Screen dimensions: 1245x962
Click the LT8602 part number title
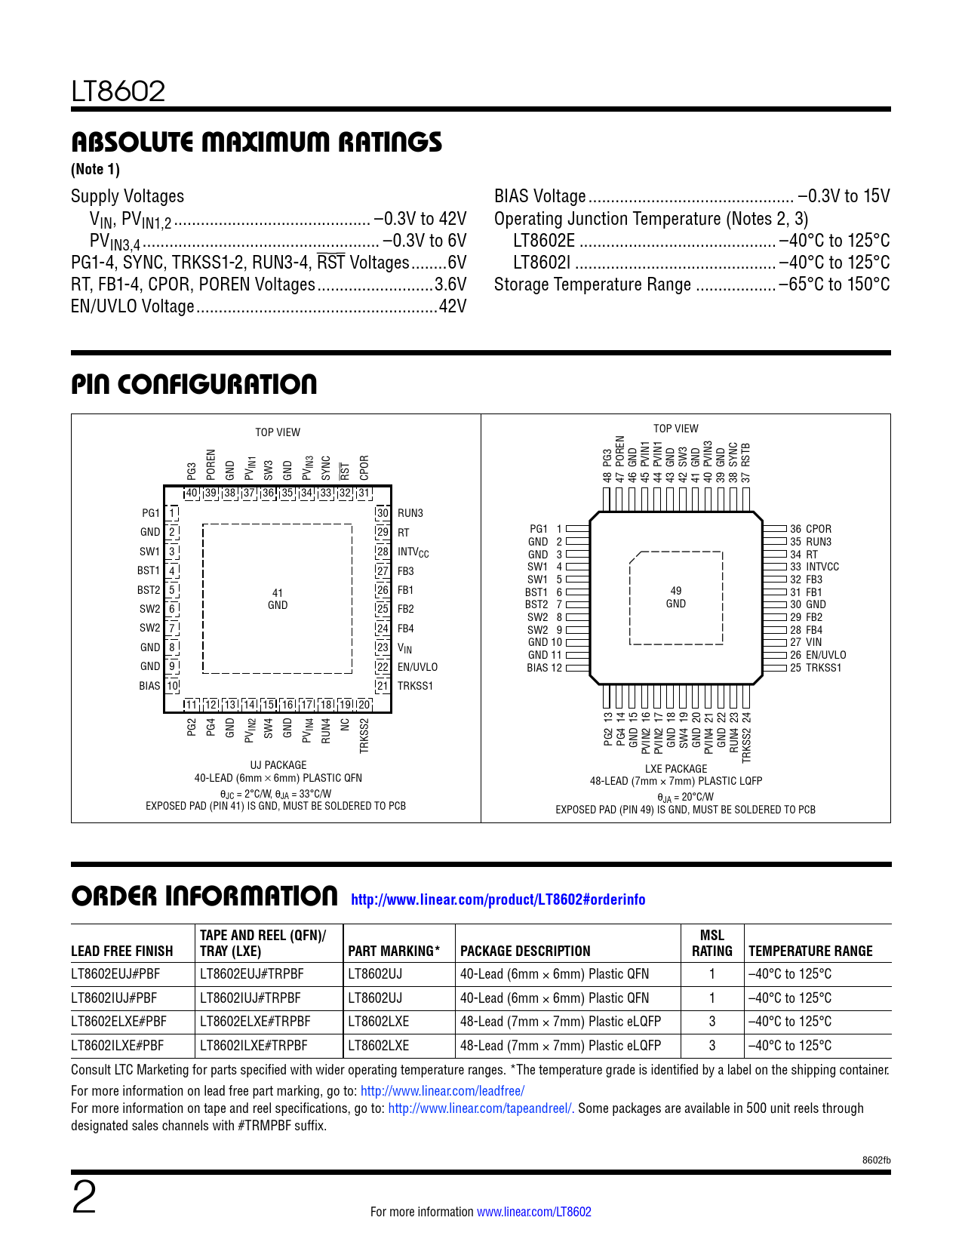pos(118,92)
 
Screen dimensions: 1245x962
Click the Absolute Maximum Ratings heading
pos(257,142)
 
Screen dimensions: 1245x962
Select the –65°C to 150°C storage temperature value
pos(834,284)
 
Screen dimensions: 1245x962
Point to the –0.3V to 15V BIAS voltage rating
pos(844,196)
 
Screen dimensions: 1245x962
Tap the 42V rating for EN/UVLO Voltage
pos(453,306)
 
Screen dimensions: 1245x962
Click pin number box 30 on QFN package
pos(383,513)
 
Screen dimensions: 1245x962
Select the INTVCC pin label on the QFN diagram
pos(413,552)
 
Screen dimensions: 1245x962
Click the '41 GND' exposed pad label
pos(278,599)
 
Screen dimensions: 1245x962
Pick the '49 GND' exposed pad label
pos(676,598)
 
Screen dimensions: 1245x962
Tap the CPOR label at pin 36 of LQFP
pos(819,529)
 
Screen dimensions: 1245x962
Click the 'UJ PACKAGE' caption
pos(278,765)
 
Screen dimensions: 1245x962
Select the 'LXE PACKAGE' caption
pos(676,769)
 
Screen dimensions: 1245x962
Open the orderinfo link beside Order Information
pos(498,899)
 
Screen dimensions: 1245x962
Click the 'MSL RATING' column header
pos(712,943)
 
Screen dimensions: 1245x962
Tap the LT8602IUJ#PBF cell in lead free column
pos(114,998)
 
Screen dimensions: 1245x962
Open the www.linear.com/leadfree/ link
pos(442,1090)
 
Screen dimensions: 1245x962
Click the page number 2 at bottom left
pos(85,1198)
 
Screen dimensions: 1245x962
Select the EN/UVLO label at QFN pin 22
pos(417,667)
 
